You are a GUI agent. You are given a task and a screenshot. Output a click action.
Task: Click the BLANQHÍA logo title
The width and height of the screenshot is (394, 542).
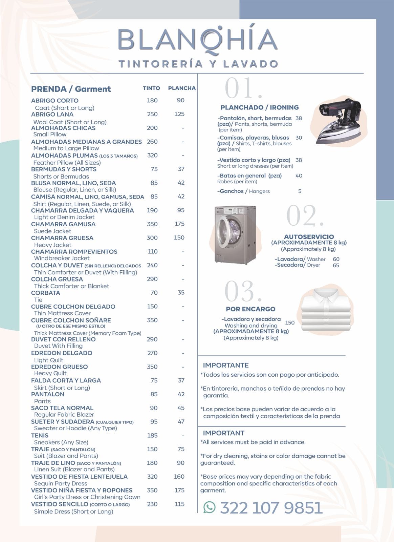(x=198, y=40)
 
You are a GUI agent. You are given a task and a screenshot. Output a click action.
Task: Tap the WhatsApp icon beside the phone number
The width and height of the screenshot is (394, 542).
(x=210, y=507)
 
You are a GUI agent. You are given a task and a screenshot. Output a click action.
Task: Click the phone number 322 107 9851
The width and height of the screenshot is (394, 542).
(x=271, y=507)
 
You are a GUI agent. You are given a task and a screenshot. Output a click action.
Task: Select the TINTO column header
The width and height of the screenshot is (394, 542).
(x=151, y=88)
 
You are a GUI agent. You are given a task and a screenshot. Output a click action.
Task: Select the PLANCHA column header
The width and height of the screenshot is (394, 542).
(x=182, y=88)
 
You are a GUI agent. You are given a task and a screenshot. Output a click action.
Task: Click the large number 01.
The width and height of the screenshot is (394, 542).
(x=243, y=88)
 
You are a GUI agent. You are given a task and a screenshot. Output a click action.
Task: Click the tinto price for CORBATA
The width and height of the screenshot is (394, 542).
(x=154, y=293)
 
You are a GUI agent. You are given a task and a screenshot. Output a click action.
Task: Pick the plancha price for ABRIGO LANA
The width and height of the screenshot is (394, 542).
(x=179, y=114)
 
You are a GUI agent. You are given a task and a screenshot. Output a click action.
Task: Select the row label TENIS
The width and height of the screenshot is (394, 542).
(x=40, y=435)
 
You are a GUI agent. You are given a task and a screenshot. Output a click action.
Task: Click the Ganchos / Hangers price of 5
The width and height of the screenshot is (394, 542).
(x=300, y=191)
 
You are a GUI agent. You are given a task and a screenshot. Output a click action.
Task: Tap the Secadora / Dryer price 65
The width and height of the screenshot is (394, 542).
(x=336, y=265)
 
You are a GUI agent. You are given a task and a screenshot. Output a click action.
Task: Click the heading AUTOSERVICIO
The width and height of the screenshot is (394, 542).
(x=309, y=237)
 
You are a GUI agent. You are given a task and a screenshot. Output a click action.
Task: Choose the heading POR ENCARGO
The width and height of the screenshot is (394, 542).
(x=250, y=309)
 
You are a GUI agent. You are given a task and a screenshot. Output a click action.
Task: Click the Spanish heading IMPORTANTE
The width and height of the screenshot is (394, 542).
(x=226, y=365)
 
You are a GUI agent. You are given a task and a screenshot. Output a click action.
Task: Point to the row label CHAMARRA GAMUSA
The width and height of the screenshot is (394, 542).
(x=63, y=224)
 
